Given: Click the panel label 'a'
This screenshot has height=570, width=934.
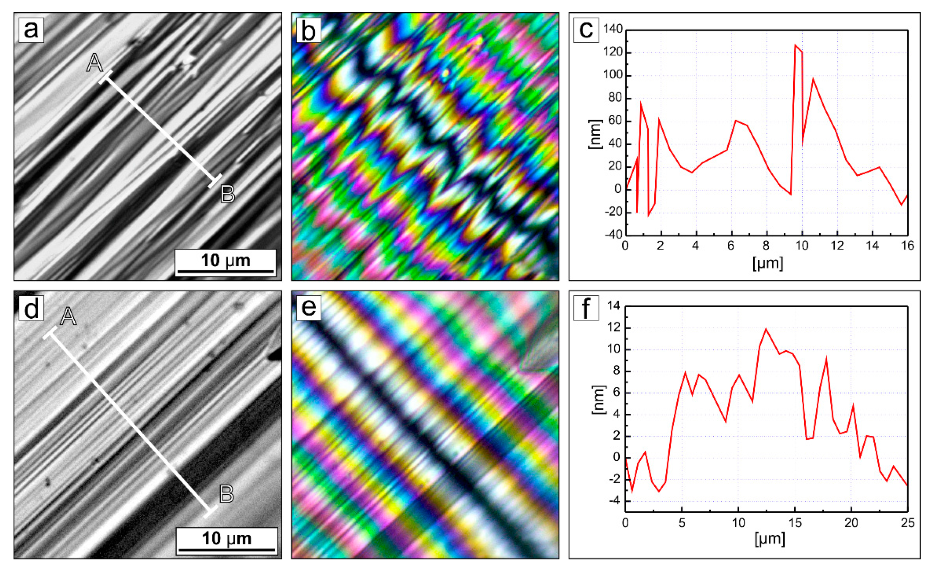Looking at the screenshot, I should [31, 29].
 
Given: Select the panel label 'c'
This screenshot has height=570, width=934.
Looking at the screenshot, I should [586, 29].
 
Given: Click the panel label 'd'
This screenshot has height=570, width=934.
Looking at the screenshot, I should [31, 309].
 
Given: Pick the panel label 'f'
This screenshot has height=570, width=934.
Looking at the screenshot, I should [586, 308].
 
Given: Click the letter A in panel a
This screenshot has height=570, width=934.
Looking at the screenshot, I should [95, 63].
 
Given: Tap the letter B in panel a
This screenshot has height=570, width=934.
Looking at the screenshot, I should [227, 194].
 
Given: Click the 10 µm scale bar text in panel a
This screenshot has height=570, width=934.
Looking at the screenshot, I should [226, 261].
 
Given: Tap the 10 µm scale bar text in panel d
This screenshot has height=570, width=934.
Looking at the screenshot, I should [227, 539].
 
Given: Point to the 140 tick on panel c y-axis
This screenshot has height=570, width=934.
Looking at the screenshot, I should [613, 29].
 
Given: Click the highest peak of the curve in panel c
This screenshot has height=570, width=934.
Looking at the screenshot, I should [795, 45].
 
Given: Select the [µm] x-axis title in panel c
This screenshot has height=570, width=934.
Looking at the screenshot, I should [768, 263].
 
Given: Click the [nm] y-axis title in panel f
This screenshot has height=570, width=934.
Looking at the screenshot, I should [598, 400].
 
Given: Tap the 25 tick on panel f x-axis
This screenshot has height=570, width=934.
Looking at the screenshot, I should [907, 523].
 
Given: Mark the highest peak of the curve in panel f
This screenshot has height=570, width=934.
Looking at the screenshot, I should [766, 329].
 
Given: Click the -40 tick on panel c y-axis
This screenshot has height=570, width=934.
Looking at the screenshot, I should [613, 235].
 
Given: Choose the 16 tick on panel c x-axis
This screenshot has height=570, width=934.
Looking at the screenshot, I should [907, 246].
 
